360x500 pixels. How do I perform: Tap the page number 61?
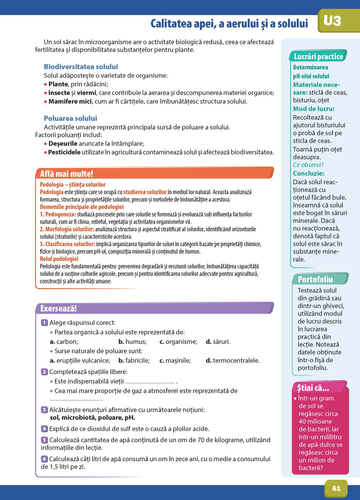point(336,488)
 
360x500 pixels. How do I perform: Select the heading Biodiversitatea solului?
point(81,67)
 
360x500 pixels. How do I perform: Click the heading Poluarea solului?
point(70,118)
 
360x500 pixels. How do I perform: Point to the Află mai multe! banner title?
point(67,174)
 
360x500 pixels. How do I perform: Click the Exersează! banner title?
point(58,309)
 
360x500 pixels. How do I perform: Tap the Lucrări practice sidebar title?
point(318,56)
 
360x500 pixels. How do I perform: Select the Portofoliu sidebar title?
point(315,279)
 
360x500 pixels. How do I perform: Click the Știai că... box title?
point(313,388)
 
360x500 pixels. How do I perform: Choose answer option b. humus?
point(132,342)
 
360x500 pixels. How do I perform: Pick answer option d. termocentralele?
point(233,360)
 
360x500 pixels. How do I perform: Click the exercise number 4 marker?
point(44,429)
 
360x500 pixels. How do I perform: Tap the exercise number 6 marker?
point(44,459)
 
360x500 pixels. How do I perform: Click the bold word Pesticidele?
point(64,152)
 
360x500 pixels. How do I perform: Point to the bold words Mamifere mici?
point(70,101)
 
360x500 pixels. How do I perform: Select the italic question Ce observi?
point(308,165)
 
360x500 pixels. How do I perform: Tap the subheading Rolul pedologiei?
point(59,259)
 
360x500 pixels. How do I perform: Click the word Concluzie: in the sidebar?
point(309,173)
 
